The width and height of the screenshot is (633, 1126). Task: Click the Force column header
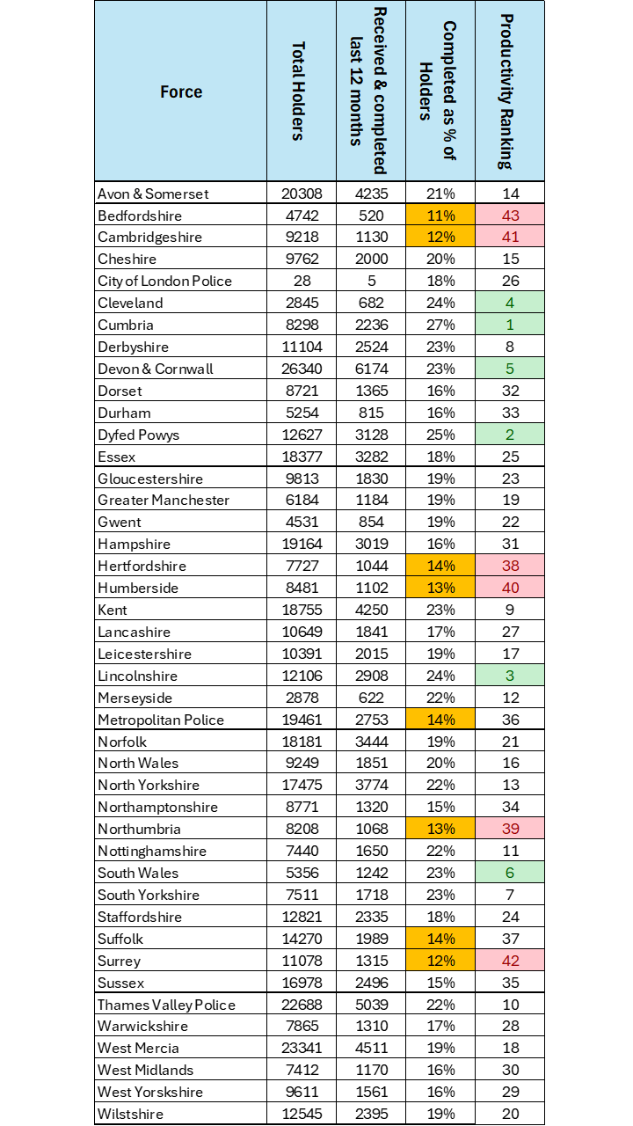coord(181,91)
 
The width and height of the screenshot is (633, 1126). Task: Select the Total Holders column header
coord(301,91)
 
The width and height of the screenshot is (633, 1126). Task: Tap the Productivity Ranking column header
coord(510,91)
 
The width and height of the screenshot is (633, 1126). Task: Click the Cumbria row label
coord(125,325)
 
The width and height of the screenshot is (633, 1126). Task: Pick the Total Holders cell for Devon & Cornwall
coord(301,369)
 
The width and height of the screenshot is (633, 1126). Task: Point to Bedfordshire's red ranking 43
coord(510,216)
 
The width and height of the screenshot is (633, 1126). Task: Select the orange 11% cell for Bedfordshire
coord(440,216)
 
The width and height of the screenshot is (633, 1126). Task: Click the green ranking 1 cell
coord(510,325)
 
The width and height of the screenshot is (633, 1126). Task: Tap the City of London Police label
coord(164,281)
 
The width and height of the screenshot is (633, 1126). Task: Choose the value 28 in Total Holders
coord(301,281)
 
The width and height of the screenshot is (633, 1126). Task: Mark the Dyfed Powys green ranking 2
coord(510,435)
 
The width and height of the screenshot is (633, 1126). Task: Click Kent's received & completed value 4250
coord(370,610)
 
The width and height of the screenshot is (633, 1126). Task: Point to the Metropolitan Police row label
coord(161,720)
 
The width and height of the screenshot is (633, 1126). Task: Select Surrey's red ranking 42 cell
coord(510,961)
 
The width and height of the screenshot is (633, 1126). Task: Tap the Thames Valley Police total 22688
coord(301,1005)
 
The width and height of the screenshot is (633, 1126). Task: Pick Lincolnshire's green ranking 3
coord(510,676)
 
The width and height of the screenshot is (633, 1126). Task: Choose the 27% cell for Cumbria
coord(440,325)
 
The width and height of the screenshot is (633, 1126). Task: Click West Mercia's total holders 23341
coord(301,1048)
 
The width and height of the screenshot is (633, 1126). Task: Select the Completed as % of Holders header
coord(440,91)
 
